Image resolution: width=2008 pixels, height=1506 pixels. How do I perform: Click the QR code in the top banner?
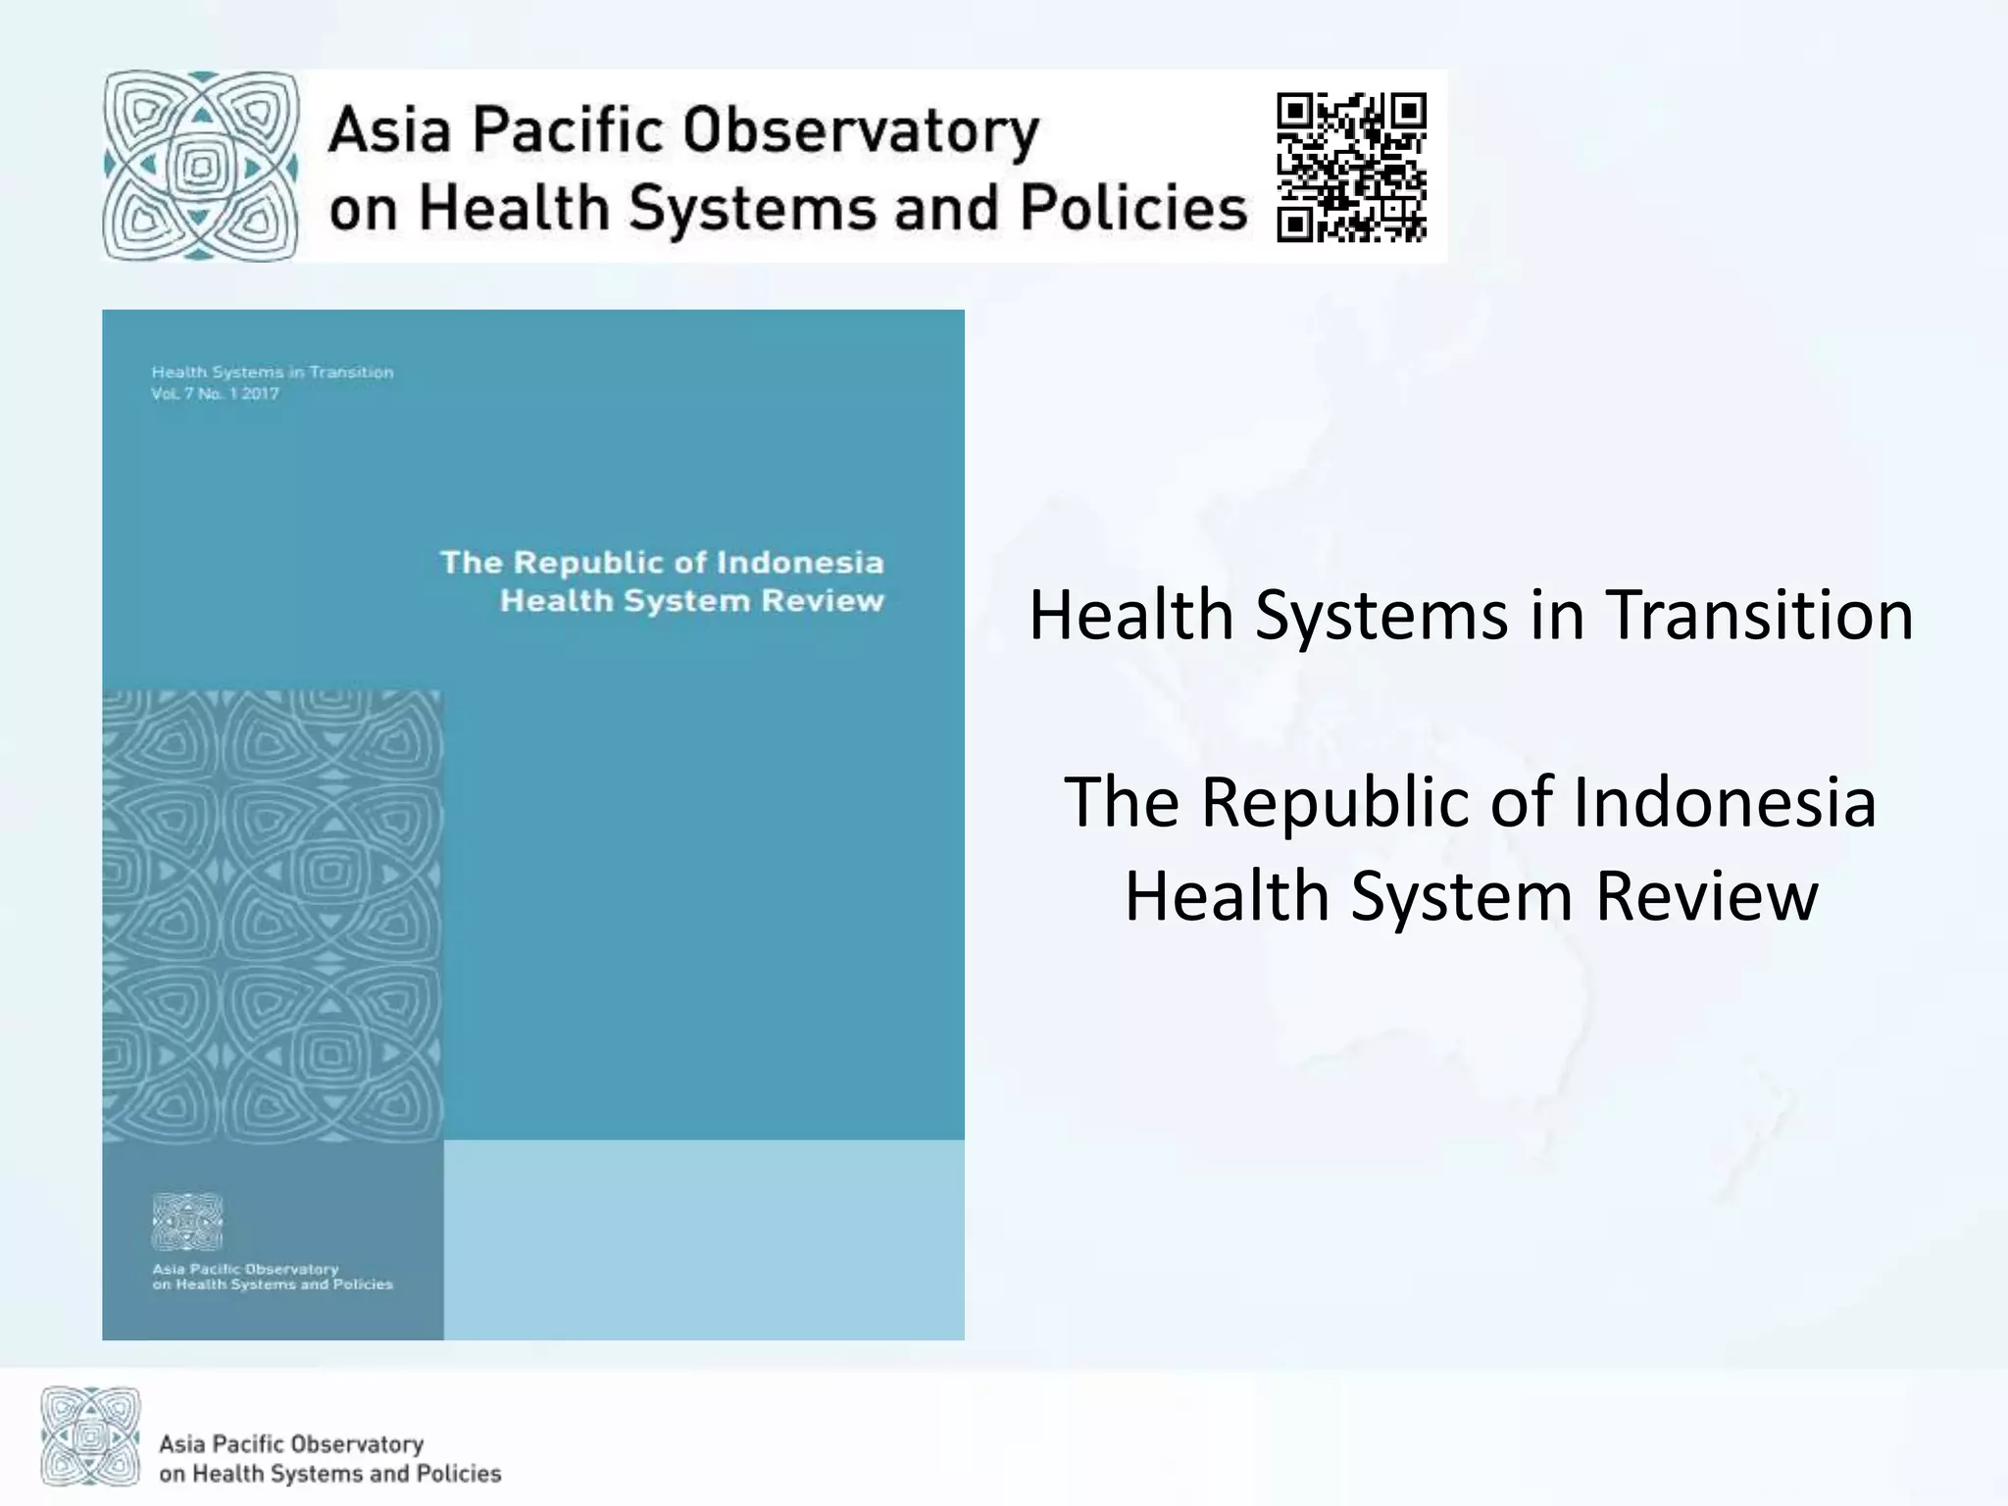point(1351,167)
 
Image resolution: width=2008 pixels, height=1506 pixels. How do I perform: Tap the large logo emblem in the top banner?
point(201,166)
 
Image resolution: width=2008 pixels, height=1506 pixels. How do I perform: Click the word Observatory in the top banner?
point(860,131)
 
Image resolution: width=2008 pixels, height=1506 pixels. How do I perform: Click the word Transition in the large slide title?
point(1759,616)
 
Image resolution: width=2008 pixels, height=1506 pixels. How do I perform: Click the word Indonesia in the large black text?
point(1725,802)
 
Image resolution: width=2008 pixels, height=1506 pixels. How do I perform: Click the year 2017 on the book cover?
point(261,394)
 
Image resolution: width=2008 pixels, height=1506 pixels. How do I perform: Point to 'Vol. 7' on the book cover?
point(173,394)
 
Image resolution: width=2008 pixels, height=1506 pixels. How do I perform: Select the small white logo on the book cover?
point(186,1222)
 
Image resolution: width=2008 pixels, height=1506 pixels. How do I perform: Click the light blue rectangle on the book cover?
point(703,1239)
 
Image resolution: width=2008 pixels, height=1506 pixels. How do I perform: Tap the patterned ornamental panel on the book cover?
point(273,916)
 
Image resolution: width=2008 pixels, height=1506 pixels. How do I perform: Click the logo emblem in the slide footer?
point(90,1436)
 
